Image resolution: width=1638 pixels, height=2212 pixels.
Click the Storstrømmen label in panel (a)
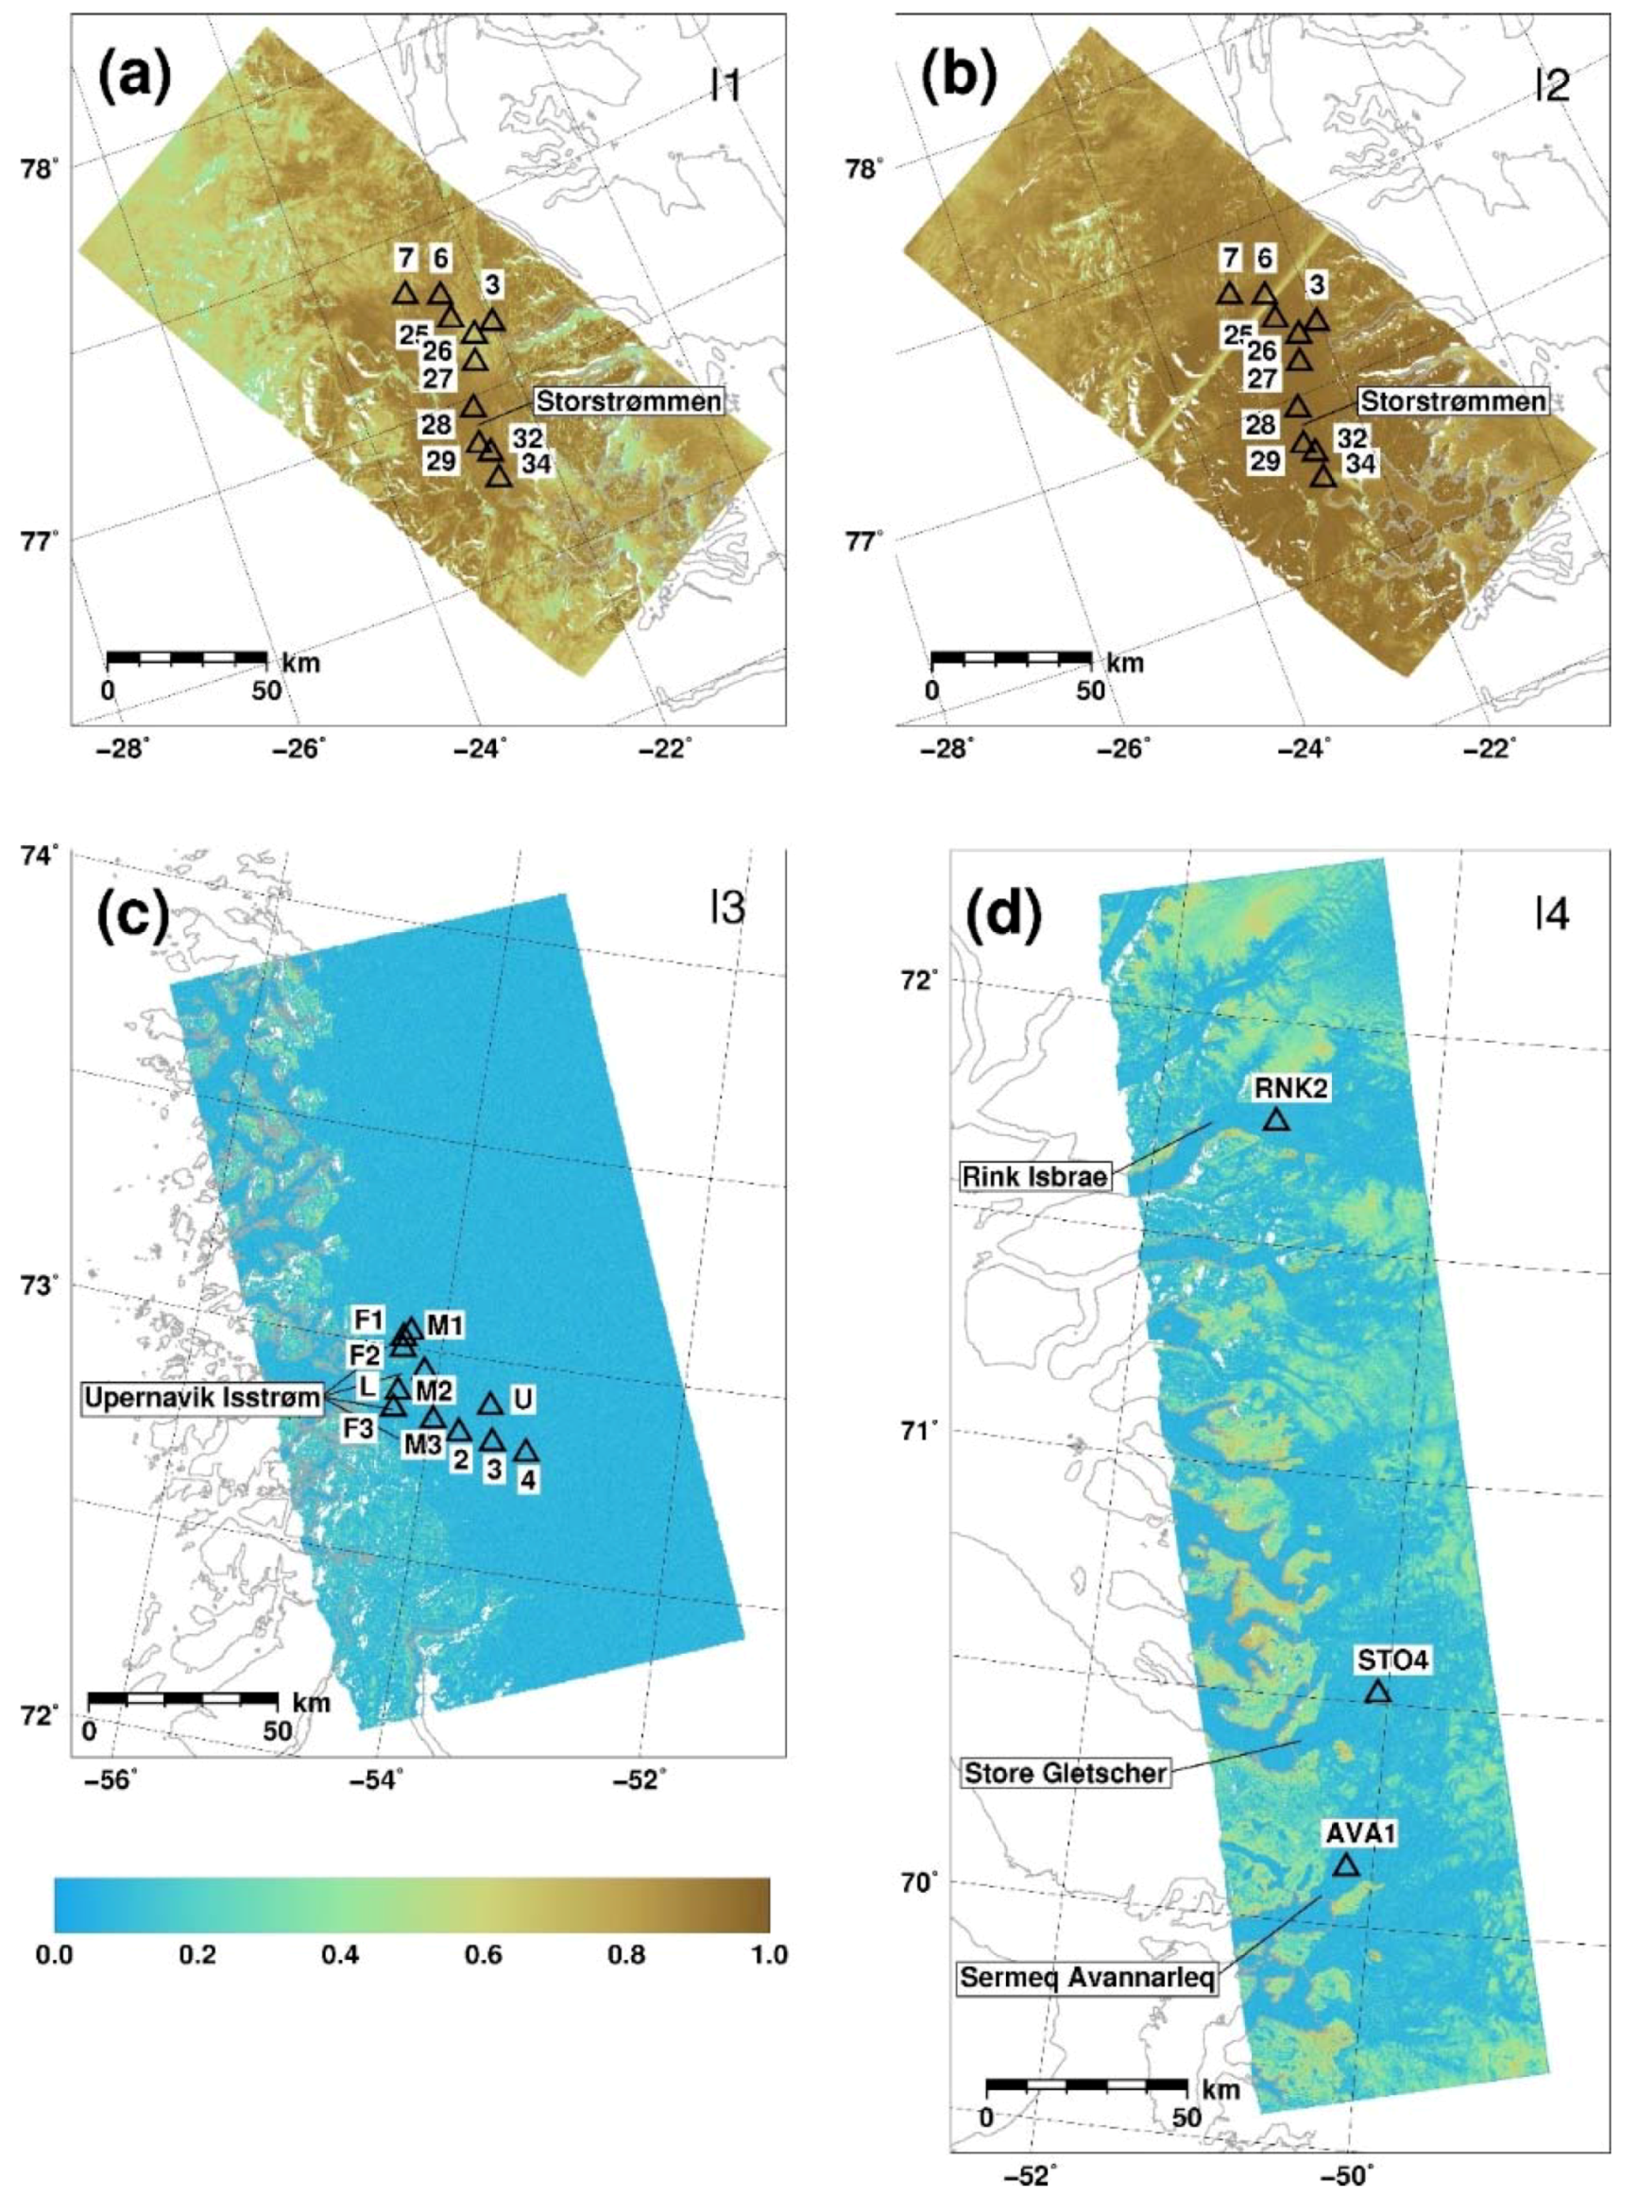coord(628,400)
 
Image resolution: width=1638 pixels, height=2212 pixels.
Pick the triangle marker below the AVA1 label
coord(1345,1838)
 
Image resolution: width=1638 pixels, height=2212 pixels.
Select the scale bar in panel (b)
coord(1012,656)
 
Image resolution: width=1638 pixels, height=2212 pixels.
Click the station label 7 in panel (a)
coord(404,258)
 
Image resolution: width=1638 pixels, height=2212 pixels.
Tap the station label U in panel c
coord(523,1399)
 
